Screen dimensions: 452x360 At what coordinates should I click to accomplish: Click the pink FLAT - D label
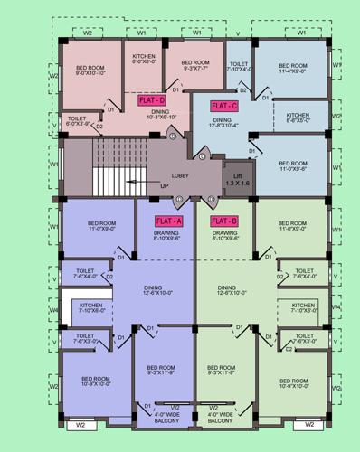152,100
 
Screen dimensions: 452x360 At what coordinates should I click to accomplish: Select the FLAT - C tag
223,106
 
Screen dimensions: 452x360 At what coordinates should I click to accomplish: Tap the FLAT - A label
168,221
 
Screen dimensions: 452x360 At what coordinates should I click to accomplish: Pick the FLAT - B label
223,221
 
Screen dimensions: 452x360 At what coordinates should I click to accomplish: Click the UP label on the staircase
165,186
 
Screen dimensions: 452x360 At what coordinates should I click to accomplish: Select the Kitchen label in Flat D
145,59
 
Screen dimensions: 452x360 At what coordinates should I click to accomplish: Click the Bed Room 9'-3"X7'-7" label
195,64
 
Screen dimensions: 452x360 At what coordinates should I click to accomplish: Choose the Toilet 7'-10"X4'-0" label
240,68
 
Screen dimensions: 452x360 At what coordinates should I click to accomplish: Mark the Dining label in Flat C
222,122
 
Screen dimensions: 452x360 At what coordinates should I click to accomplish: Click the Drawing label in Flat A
166,235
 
